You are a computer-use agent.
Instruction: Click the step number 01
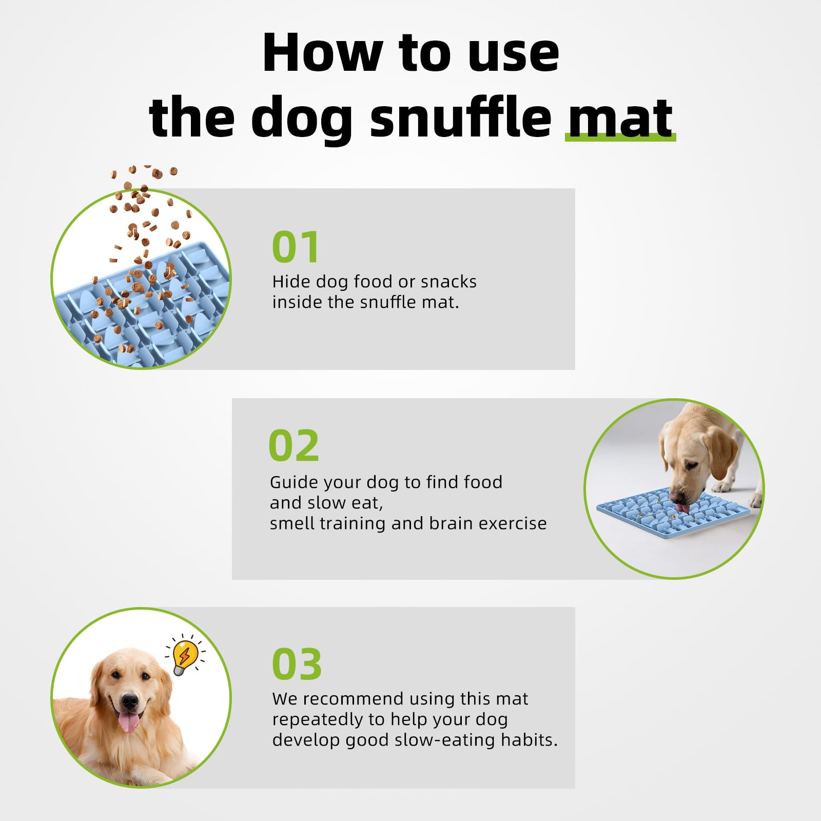[x=296, y=247]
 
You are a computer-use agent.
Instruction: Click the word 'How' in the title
[x=322, y=52]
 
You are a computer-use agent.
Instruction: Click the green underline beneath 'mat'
[x=620, y=137]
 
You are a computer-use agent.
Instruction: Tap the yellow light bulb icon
[x=185, y=657]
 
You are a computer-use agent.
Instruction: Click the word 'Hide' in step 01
[x=291, y=281]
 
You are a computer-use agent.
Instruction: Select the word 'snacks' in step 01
[x=448, y=282]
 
